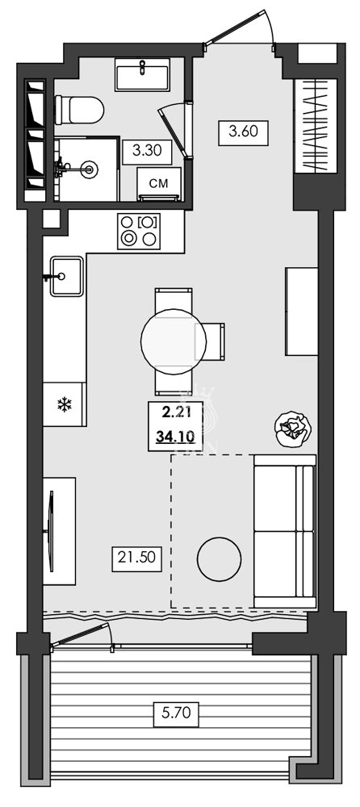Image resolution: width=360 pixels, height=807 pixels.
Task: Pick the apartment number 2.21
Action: pos(175,412)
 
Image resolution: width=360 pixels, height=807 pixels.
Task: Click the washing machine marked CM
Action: pos(159,184)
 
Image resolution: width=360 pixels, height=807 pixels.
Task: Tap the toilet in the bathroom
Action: pos(79,109)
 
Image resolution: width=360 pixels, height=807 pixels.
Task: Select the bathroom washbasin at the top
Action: pos(143,75)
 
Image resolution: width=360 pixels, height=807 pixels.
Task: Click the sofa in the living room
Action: pos(283,529)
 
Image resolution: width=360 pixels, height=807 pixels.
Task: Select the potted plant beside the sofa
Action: pos(292,429)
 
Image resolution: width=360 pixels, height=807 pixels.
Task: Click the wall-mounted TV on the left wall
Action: pos(52,531)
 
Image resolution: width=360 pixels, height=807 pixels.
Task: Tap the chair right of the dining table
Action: pos(214,343)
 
